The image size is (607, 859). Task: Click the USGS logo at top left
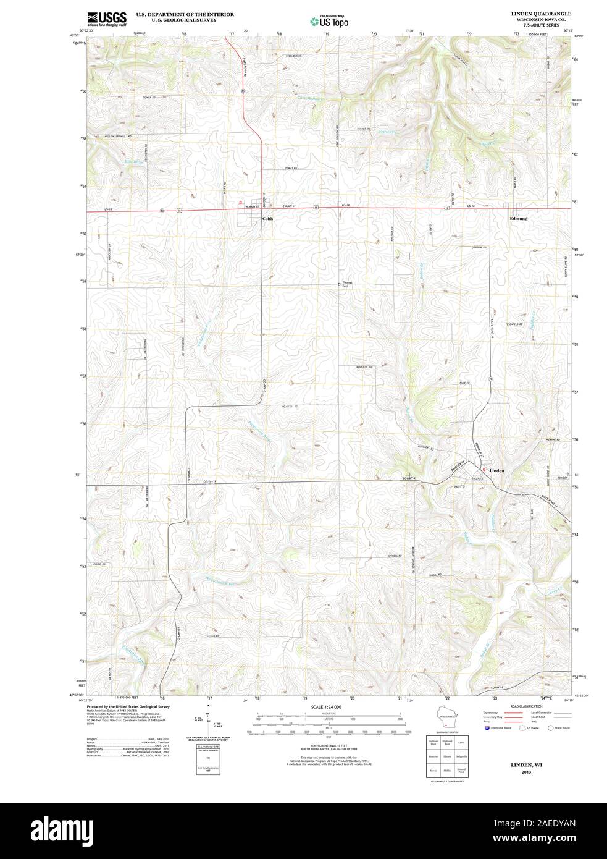coord(107,19)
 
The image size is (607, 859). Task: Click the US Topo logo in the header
coord(329,20)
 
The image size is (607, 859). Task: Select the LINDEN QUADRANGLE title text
coord(541,13)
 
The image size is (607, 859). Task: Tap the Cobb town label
coord(267,219)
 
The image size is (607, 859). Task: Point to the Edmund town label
coord(519,219)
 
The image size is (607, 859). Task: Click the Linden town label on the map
coord(497,471)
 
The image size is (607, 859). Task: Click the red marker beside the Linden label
coord(484,470)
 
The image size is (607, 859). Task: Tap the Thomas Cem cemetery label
coord(350,285)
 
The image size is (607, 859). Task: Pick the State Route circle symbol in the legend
coord(550,728)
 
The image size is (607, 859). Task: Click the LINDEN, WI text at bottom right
coord(525,764)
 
